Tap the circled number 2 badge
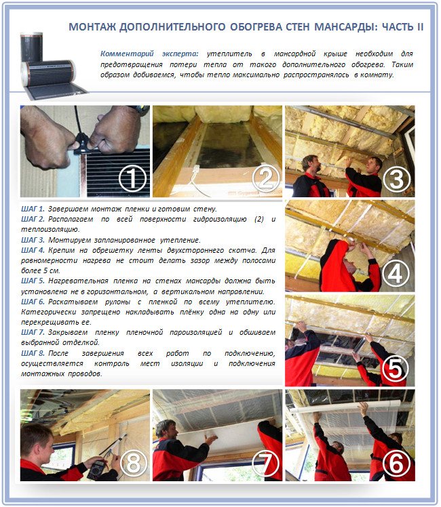tap(265, 179)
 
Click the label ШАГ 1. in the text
tap(33, 208)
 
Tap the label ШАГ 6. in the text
tap(33, 300)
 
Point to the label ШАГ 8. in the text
tap(33, 354)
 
